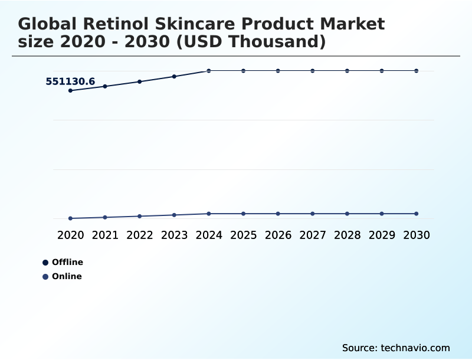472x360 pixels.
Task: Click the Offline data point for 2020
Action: coord(70,90)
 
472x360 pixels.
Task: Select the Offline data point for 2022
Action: coord(140,81)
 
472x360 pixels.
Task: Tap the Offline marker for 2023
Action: coord(174,76)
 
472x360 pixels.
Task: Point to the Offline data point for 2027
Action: coord(313,71)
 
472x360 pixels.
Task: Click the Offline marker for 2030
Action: coord(417,71)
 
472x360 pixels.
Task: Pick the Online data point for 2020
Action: coord(70,218)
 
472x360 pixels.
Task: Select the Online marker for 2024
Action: coord(209,214)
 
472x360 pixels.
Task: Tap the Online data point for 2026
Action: coord(278,214)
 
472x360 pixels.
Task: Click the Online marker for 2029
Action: coord(382,214)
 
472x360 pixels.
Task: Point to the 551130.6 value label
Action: coord(70,81)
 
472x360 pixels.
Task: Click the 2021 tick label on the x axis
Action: coord(105,235)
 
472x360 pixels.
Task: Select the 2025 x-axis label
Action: coord(243,235)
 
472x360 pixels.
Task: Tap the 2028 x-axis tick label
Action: coord(347,235)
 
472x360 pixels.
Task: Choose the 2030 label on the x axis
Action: coord(417,235)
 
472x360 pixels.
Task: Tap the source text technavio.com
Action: coord(415,348)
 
